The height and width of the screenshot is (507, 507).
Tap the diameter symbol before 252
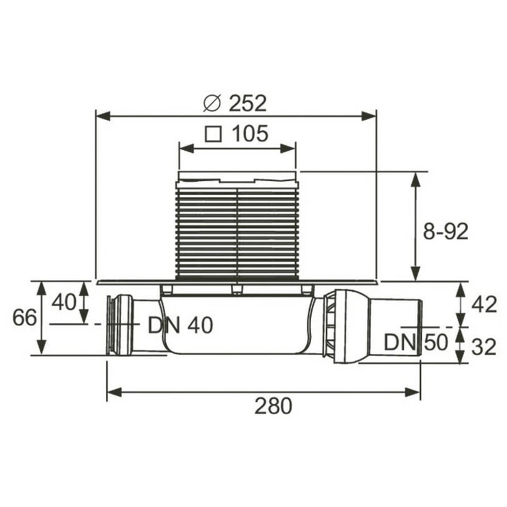[212, 102]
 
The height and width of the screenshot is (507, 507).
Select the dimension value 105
[250, 133]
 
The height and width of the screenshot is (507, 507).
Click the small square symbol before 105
[214, 134]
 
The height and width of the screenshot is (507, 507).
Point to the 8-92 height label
[445, 232]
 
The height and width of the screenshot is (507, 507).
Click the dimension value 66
[24, 317]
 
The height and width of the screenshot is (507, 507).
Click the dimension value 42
[484, 304]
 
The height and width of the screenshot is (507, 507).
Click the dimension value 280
[273, 406]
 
